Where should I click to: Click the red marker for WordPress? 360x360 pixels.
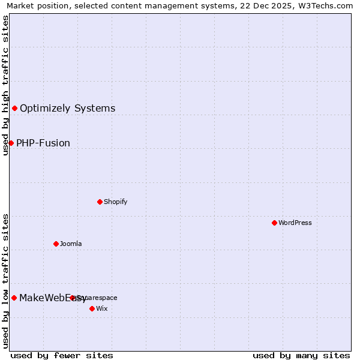(x=274, y=223)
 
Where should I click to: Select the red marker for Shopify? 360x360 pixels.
(x=100, y=202)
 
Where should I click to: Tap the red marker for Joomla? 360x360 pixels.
(x=56, y=244)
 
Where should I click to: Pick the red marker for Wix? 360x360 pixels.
(x=92, y=308)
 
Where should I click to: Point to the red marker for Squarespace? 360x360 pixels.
(x=72, y=298)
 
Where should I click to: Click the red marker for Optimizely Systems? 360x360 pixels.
(x=14, y=108)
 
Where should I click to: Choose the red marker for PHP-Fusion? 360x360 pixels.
(x=11, y=143)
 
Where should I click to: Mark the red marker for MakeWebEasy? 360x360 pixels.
(x=14, y=298)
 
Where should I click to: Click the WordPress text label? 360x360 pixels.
(x=295, y=223)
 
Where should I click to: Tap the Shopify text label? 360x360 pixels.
(x=115, y=202)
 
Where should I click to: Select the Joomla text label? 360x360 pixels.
(x=71, y=244)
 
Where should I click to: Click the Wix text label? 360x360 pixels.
(x=101, y=308)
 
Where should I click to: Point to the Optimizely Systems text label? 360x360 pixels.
(x=67, y=108)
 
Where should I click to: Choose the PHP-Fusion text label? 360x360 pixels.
(x=43, y=143)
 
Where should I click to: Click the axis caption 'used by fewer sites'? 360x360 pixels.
(x=62, y=355)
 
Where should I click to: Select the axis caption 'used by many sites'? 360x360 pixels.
(x=301, y=355)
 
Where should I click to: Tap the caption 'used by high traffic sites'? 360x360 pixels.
(x=5, y=85)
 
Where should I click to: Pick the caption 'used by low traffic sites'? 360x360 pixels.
(x=5, y=281)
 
